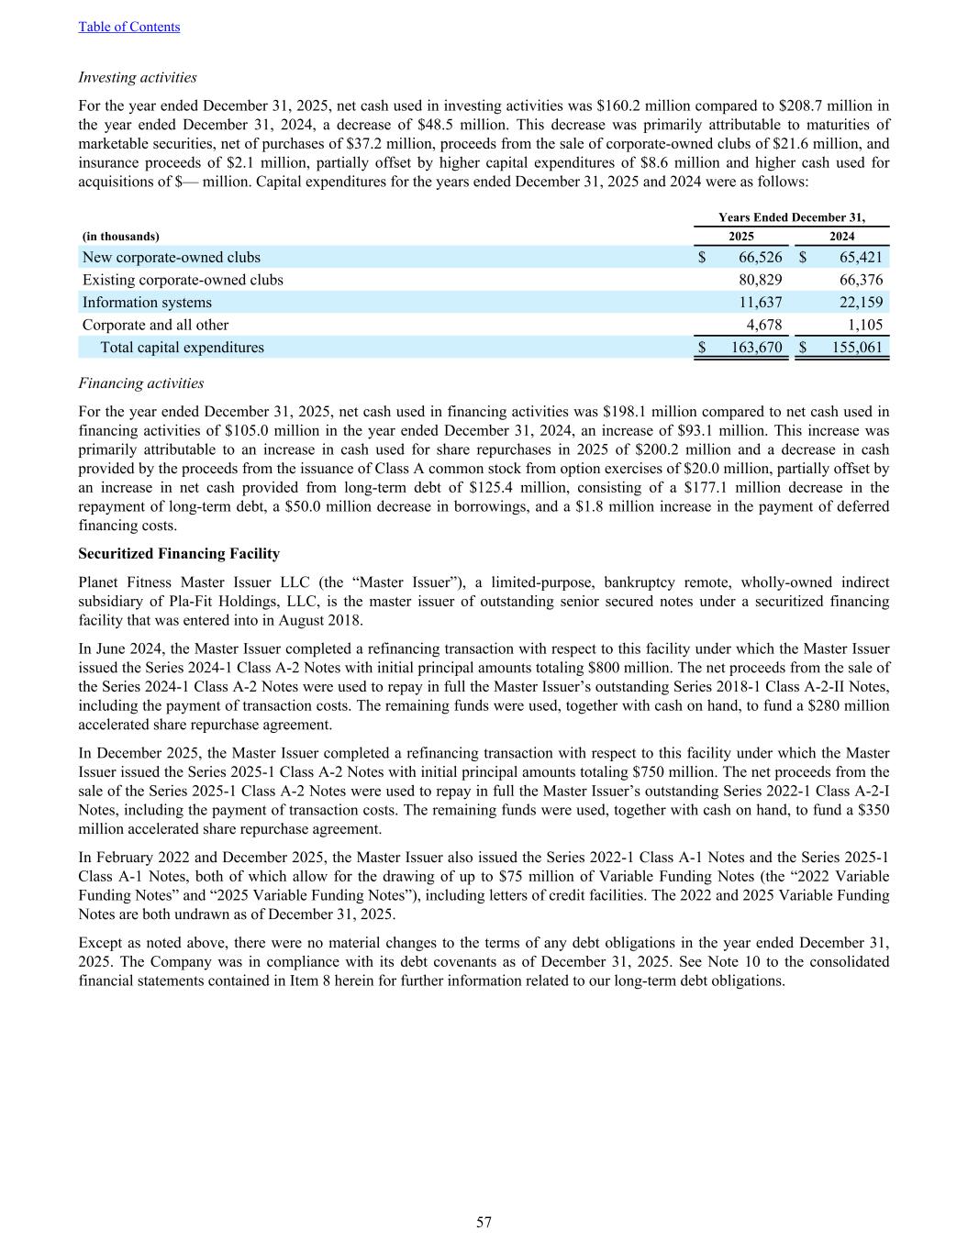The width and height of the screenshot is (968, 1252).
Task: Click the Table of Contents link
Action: (129, 27)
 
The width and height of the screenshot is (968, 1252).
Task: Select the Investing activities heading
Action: (138, 77)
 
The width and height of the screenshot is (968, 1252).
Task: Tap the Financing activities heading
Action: (141, 382)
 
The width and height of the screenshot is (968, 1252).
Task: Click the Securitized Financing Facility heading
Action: (179, 553)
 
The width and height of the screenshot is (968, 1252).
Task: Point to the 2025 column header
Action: (740, 236)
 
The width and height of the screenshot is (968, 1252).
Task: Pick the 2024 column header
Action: (841, 236)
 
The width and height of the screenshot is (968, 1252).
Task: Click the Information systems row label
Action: (147, 302)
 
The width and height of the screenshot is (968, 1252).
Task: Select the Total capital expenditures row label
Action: (182, 348)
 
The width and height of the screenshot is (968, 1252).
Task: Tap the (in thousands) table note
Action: (120, 236)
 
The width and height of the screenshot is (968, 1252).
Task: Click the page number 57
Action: (484, 1222)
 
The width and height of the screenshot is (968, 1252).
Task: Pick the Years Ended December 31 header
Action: (791, 217)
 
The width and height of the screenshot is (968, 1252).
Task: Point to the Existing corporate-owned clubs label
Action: (183, 280)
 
